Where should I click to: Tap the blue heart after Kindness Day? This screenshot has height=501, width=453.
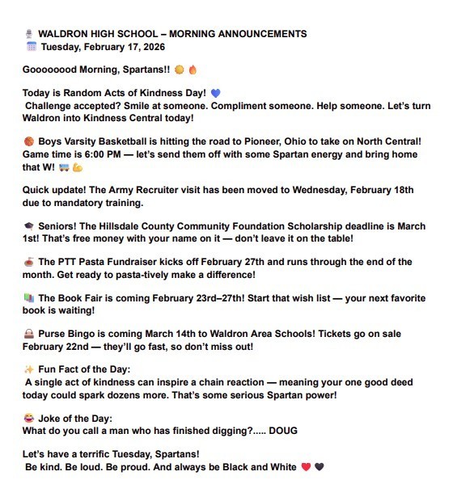point(215,93)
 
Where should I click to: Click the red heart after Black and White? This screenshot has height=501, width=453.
point(306,467)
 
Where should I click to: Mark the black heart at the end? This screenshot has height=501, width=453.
point(319,467)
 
